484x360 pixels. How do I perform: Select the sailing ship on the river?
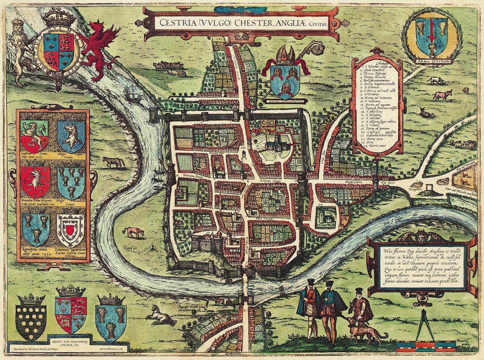pos(134,93)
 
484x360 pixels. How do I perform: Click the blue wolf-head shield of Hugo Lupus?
pos(71,136)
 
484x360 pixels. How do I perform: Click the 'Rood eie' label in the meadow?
pos(131,252)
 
